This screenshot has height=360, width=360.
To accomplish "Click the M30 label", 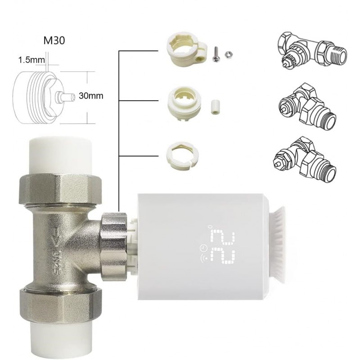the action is [x=54, y=40].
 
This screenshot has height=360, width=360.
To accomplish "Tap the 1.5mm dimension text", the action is [x=31, y=60].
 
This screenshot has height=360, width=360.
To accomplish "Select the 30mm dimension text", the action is [x=91, y=95].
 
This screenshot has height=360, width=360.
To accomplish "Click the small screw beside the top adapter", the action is [x=216, y=54].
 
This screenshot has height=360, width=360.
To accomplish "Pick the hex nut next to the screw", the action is [x=228, y=54].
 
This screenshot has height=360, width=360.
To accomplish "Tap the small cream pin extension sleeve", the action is [x=214, y=107].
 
